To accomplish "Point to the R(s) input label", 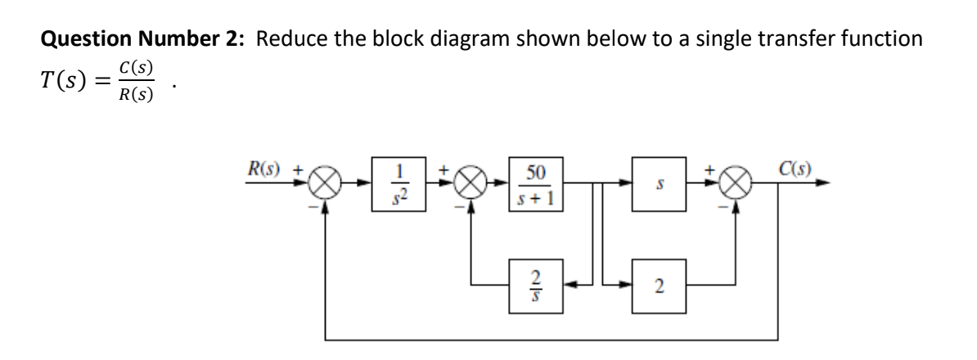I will tap(265, 173).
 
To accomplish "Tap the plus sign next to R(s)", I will tap(299, 173).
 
